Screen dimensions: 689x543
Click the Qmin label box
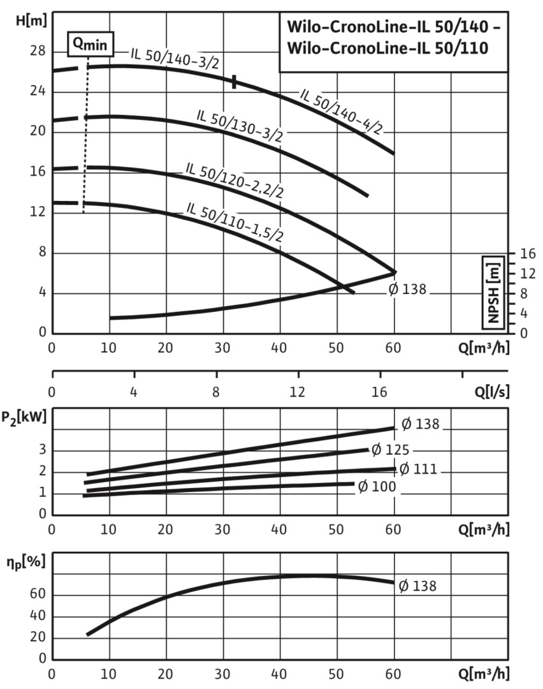click(90, 43)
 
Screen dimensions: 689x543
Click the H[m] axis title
click(31, 20)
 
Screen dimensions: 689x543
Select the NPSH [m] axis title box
click(491, 291)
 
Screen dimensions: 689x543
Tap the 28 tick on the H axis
click(38, 52)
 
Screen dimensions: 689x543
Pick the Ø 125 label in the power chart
click(390, 450)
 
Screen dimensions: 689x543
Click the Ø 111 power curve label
click(418, 469)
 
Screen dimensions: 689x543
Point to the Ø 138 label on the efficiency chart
click(418, 586)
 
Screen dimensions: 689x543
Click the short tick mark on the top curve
click(235, 82)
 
